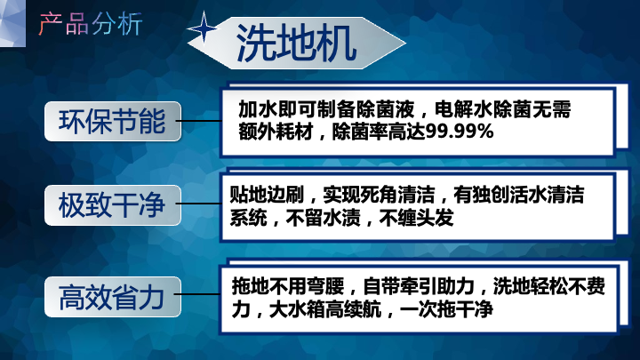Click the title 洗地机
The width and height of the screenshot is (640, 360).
point(296,44)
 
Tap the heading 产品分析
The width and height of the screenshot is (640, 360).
point(91,24)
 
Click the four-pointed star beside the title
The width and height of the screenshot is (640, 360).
point(204,28)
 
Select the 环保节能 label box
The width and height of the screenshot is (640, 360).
point(113,121)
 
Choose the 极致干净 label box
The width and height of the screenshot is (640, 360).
point(113,205)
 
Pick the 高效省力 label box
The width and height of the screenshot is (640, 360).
point(113,297)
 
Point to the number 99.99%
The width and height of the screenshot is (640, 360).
point(460,132)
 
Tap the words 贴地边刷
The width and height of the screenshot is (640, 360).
point(267,195)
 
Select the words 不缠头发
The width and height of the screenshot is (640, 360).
point(416,218)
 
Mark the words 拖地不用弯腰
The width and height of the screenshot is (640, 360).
point(288,286)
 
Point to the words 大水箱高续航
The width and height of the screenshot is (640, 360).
point(325,310)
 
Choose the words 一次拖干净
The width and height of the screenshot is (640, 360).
point(446,310)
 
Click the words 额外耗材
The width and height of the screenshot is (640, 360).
point(276,132)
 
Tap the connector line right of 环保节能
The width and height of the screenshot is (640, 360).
point(199,121)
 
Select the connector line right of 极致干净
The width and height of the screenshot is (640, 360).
point(199,204)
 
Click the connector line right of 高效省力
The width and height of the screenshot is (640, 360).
point(198,294)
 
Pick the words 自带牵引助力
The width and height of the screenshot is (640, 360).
point(419,286)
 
